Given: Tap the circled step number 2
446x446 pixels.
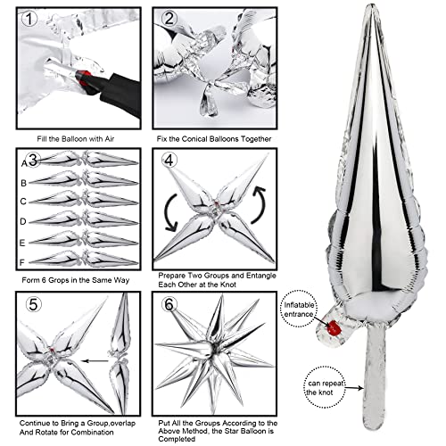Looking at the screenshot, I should (x=169, y=20).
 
